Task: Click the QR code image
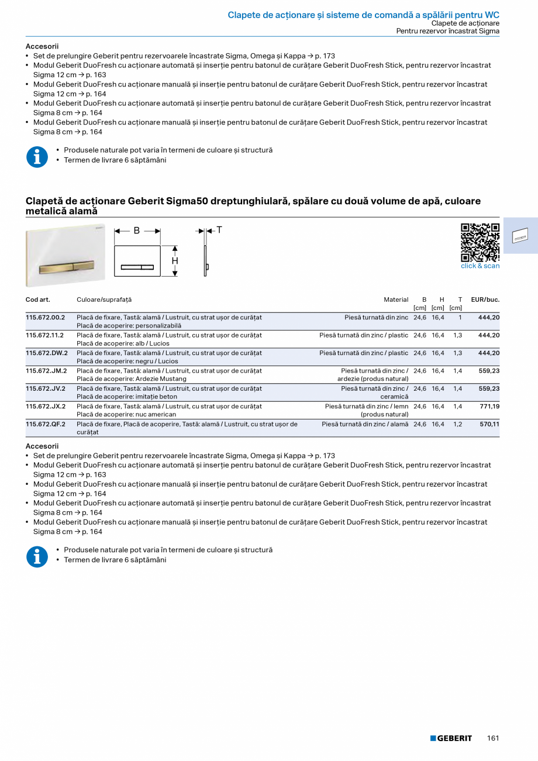pyautogui.click(x=480, y=242)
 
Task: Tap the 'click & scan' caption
pyautogui.click(x=480, y=266)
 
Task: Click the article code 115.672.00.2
pyautogui.click(x=46, y=318)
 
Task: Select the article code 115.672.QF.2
pyautogui.click(x=46, y=424)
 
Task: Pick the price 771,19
pyautogui.click(x=489, y=407)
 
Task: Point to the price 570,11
pyautogui.click(x=489, y=424)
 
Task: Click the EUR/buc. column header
pyautogui.click(x=485, y=299)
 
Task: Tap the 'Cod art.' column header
pyautogui.click(x=38, y=299)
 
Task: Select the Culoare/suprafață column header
pyautogui.click(x=104, y=299)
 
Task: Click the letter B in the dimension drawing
pyautogui.click(x=137, y=230)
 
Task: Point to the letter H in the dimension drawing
pyautogui.click(x=175, y=261)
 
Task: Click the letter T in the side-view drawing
pyautogui.click(x=219, y=230)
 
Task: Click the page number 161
pyautogui.click(x=493, y=738)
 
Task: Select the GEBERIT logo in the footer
pyautogui.click(x=451, y=738)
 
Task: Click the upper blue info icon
pyautogui.click(x=37, y=157)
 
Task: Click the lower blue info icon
pyautogui.click(x=37, y=556)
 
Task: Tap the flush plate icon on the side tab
pyautogui.click(x=520, y=236)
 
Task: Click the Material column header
pyautogui.click(x=396, y=299)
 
